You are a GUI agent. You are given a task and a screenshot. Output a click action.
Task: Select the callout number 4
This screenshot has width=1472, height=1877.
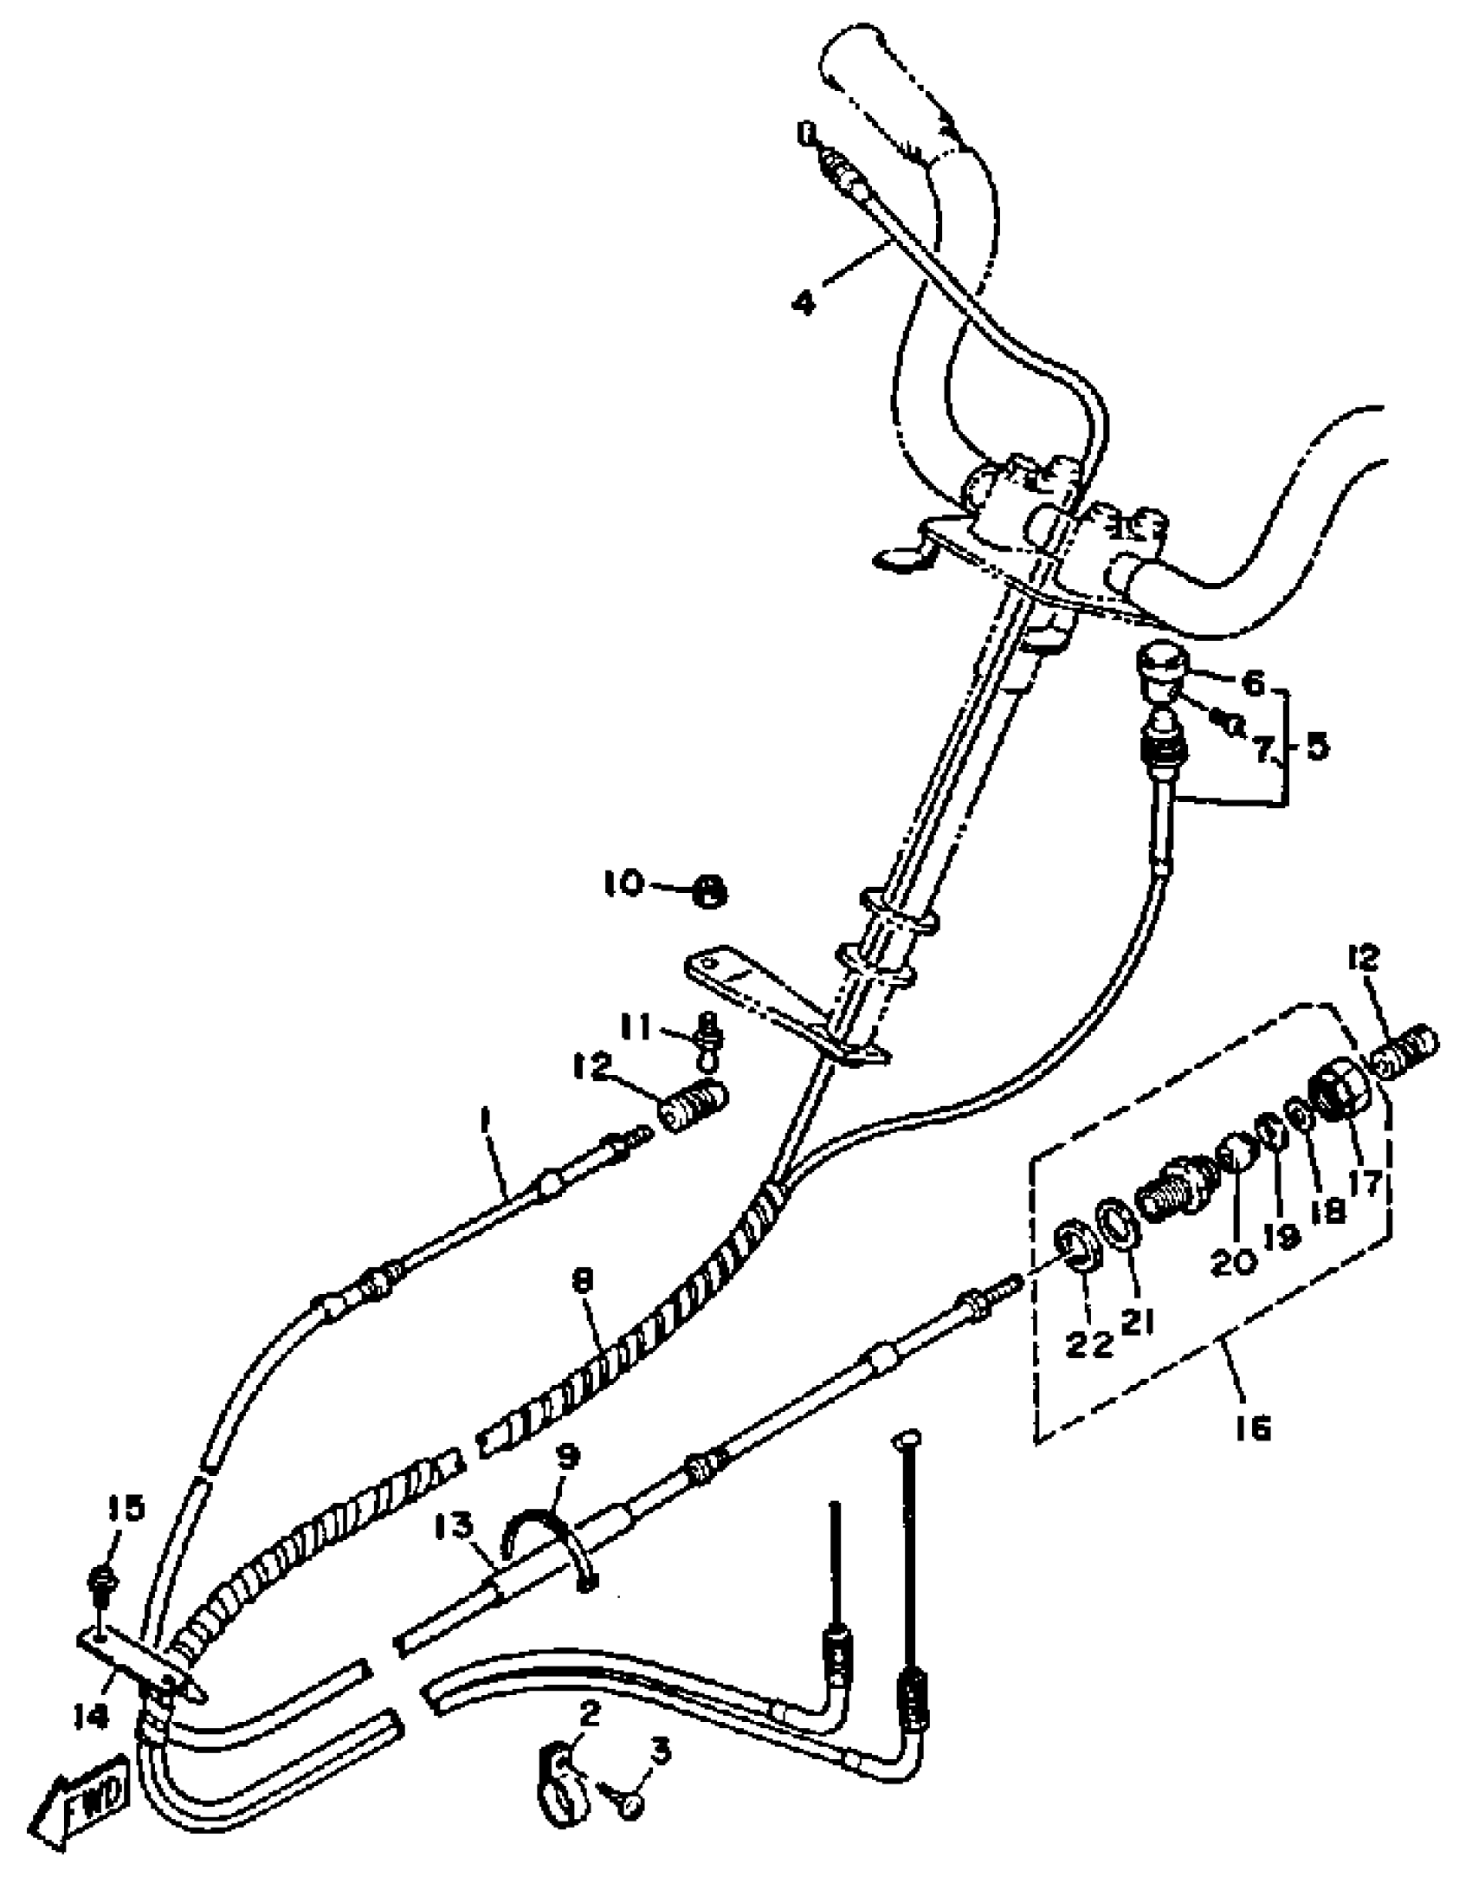click(x=805, y=303)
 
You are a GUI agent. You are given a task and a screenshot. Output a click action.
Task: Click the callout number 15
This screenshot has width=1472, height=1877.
click(x=126, y=1508)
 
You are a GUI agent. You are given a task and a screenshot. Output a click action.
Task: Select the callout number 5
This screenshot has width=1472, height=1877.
click(x=1316, y=747)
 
